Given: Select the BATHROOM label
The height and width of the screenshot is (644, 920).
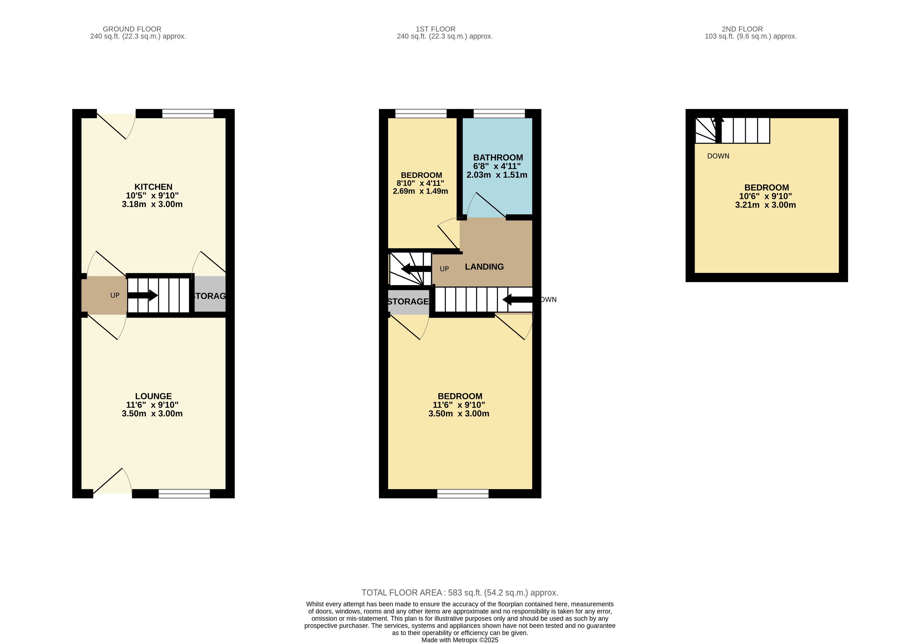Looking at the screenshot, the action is (498, 157).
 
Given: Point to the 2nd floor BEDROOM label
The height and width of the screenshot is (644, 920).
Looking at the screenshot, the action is (767, 188).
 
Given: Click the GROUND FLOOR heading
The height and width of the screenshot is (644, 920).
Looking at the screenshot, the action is (132, 29).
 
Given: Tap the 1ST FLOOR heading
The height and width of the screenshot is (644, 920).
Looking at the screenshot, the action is (435, 29).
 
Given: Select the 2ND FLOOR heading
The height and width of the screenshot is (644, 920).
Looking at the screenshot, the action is (742, 29).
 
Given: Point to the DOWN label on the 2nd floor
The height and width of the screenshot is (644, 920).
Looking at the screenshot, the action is (718, 156).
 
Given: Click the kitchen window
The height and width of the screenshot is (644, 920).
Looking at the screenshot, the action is (188, 113).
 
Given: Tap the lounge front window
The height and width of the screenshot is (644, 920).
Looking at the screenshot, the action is (184, 493).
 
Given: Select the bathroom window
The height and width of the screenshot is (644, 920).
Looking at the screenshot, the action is (499, 113).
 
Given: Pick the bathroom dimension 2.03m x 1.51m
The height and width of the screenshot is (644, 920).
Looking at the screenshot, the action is (497, 175).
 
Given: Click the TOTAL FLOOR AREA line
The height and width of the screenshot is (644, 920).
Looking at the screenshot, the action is (460, 592).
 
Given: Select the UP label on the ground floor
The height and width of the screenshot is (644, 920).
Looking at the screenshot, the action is (115, 295).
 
